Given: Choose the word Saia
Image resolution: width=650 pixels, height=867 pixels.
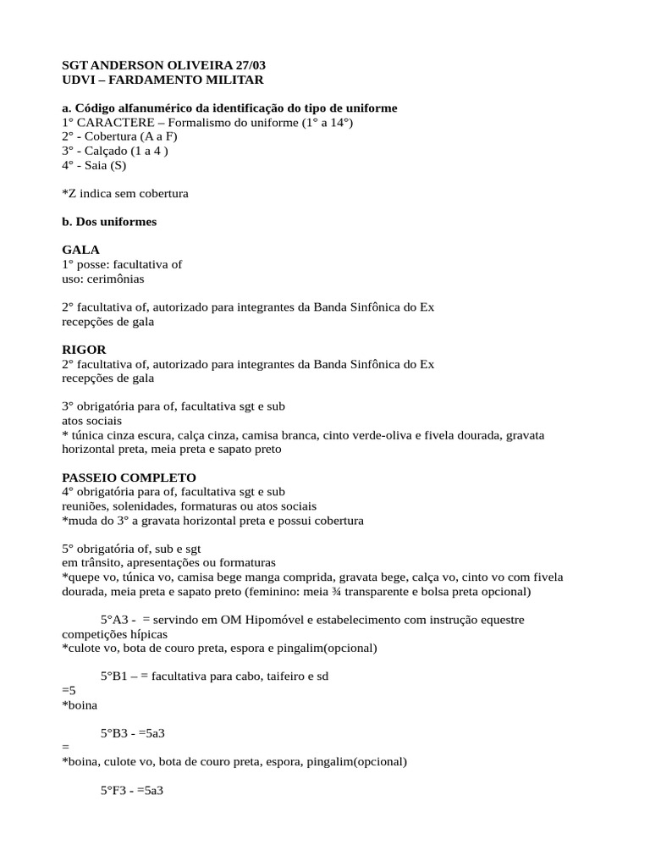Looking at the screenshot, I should coord(95,166).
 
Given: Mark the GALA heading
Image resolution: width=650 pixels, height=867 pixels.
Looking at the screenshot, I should coord(81,251).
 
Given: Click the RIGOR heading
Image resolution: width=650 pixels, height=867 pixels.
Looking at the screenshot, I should coord(85,350).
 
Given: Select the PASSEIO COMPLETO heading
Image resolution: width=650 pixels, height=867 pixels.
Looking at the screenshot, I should coord(129,478).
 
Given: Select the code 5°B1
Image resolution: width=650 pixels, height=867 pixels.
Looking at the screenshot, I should coord(118,676).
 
